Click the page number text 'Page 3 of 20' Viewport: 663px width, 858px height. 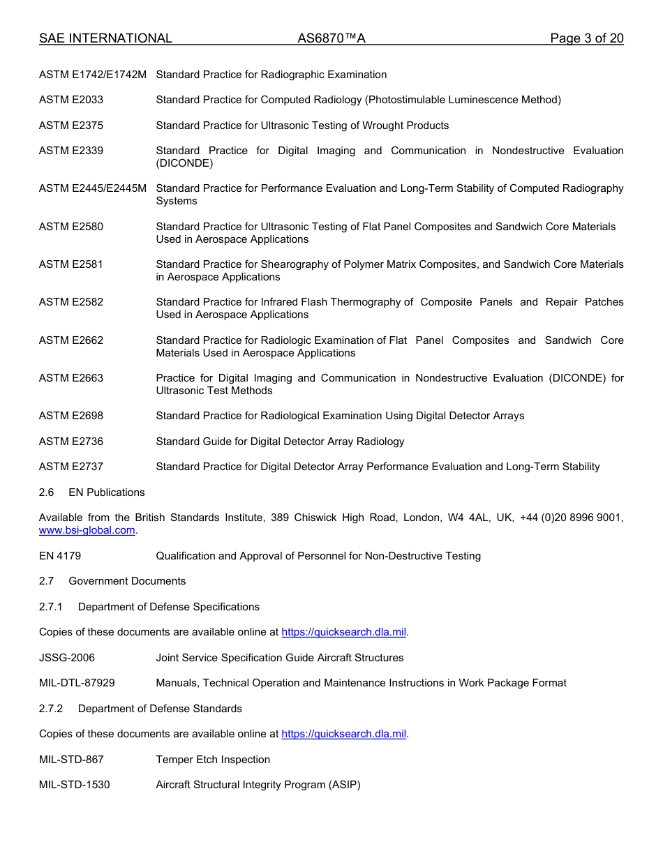[586, 38]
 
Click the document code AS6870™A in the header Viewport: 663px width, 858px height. [331, 38]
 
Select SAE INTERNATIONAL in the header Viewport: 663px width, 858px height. [105, 38]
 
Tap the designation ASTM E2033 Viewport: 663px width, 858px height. [71, 100]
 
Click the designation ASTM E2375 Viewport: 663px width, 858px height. [71, 126]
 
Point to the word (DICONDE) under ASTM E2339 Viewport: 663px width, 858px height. [184, 163]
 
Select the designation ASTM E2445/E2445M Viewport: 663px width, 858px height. [93, 188]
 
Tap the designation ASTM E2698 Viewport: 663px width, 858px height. [71, 416]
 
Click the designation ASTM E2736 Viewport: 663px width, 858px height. [71, 442]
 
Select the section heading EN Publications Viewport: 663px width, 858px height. [107, 492]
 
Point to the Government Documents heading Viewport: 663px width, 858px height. [127, 581]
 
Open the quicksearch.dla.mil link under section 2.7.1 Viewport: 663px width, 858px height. [343, 632]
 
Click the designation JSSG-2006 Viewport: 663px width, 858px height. [67, 658]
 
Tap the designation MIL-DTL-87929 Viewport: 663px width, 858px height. [77, 683]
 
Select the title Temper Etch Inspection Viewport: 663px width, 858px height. [213, 760]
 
